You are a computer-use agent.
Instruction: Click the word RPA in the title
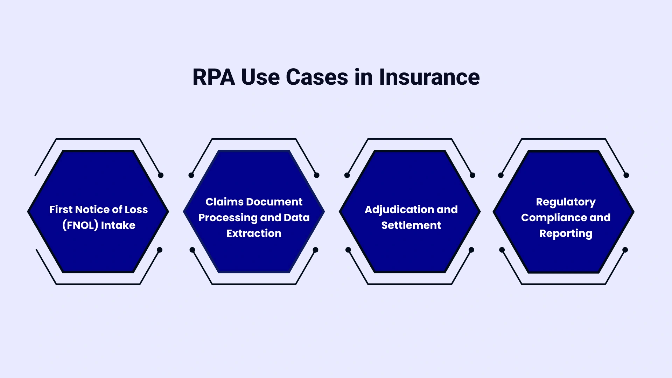213,77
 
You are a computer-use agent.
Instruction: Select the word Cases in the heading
317,77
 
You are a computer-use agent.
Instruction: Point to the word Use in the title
260,77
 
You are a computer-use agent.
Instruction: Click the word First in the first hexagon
61,210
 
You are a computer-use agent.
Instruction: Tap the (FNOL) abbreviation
80,225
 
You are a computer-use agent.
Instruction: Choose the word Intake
118,225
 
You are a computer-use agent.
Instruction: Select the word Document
274,202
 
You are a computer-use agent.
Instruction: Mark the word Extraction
254,233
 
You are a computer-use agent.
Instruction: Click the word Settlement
411,225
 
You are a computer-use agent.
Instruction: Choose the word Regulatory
566,202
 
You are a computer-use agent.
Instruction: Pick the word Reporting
566,233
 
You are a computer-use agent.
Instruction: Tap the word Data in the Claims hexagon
296,218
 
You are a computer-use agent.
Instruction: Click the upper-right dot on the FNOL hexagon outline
161,175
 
